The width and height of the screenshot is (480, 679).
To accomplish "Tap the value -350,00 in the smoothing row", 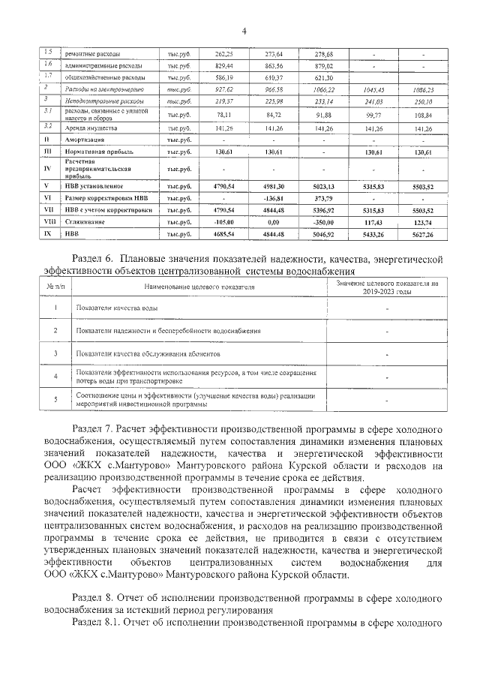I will click(323, 222).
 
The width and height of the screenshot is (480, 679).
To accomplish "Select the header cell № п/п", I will click(55, 286).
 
